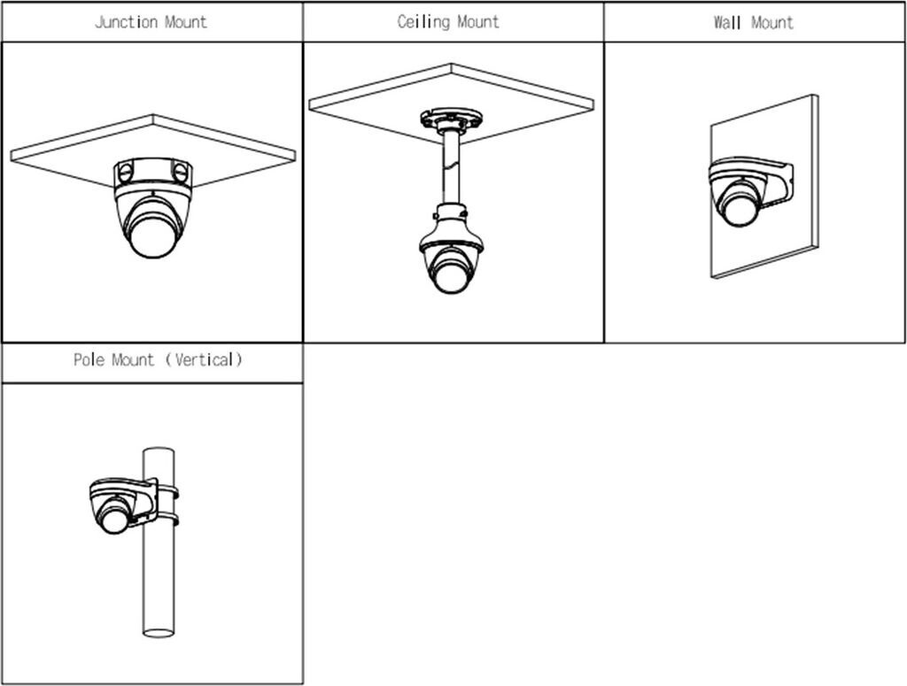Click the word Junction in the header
click(127, 22)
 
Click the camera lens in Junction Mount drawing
click(152, 234)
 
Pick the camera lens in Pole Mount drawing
click(115, 517)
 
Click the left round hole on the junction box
click(124, 173)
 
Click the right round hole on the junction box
click(180, 173)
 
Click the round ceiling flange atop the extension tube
click(451, 119)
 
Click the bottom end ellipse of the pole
click(159, 633)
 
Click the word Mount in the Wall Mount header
click(772, 22)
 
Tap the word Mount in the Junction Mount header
click(186, 22)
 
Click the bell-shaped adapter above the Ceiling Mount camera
click(451, 228)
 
